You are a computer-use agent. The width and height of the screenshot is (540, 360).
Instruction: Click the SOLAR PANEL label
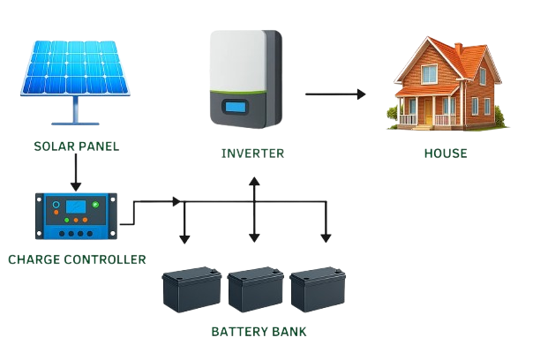[77, 146]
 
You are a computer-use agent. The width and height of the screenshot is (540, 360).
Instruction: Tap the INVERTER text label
[252, 154]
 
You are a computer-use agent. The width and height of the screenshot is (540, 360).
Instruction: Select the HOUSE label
[446, 154]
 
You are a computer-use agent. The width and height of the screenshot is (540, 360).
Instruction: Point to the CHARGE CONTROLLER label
[76, 259]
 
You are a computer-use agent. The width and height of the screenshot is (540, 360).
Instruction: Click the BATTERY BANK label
[259, 332]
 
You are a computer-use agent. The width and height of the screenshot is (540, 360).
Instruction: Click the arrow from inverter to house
[335, 94]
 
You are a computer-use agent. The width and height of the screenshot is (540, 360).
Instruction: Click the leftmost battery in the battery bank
[191, 291]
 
